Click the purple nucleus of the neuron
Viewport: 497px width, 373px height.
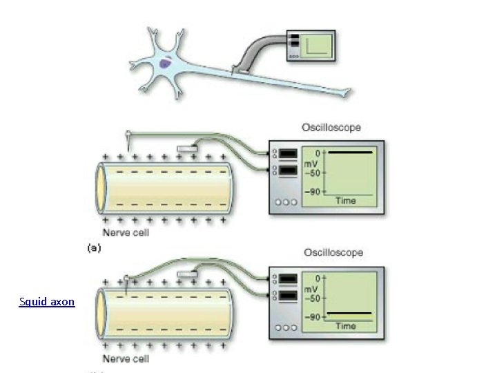166,64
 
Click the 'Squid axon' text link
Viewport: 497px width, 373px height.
47,302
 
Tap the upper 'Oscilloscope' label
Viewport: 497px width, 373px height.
331,128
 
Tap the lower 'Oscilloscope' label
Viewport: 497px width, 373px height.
333,253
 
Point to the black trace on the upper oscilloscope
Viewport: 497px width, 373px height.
350,152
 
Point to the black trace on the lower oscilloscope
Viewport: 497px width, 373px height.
350,314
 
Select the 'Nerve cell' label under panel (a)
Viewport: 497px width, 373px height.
126,233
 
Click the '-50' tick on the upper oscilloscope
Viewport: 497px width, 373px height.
311,173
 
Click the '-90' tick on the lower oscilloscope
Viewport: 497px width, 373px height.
312,317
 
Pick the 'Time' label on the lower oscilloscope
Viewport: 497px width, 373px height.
346,326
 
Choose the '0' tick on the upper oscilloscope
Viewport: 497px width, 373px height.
318,152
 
